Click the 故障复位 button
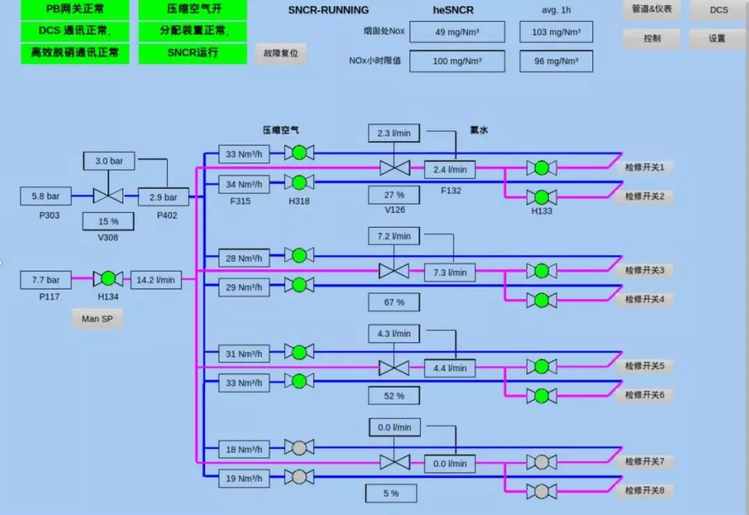tap(281, 53)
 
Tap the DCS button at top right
tap(718, 10)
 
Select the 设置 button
tap(716, 39)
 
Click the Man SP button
tap(97, 319)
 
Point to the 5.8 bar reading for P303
tap(46, 196)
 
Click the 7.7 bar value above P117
tap(46, 280)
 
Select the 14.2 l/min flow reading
tap(156, 280)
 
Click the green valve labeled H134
tap(107, 279)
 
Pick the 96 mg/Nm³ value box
tap(556, 61)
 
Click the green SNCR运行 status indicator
tap(193, 53)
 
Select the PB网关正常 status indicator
tap(75, 9)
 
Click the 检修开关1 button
tap(644, 167)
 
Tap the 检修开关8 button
tap(644, 491)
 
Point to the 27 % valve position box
tap(394, 195)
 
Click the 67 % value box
tap(394, 302)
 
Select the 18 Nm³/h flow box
tap(244, 450)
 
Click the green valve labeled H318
tap(299, 183)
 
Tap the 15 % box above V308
tap(108, 221)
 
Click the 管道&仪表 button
tap(651, 10)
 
